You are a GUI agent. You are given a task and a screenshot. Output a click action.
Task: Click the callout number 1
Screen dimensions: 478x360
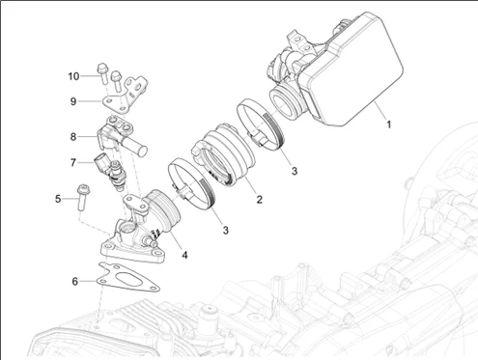click(x=389, y=125)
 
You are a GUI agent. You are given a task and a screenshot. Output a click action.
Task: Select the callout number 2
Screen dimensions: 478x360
click(x=259, y=200)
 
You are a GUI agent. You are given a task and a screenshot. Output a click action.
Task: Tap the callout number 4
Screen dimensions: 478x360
click(x=184, y=255)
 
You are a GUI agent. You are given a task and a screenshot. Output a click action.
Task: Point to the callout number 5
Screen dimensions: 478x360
click(x=58, y=199)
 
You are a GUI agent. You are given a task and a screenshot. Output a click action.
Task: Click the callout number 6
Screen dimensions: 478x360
click(x=75, y=282)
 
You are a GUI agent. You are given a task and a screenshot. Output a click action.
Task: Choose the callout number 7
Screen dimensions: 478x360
click(x=73, y=163)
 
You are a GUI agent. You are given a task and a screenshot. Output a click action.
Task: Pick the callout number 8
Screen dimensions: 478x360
click(x=73, y=137)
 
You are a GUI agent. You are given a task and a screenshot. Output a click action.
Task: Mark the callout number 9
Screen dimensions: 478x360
click(x=73, y=101)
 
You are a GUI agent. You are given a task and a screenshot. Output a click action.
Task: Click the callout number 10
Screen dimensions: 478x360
click(x=73, y=76)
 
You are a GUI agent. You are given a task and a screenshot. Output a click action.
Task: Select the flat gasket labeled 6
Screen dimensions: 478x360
click(x=128, y=277)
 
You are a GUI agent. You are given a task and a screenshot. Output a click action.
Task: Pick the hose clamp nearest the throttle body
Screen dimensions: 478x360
click(x=261, y=125)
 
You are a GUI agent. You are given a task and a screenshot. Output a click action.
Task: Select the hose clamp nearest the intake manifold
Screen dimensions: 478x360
click(x=190, y=184)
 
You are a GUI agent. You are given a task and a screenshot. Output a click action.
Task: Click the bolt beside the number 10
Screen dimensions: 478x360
click(x=102, y=72)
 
